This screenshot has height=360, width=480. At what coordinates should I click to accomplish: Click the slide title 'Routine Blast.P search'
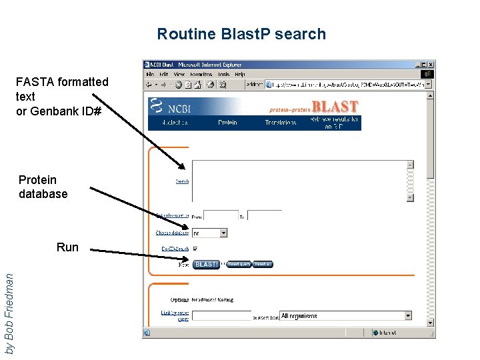coord(241,34)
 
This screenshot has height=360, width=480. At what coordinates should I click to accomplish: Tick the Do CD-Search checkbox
coord(195,249)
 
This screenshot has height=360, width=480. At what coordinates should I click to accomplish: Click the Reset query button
coord(238,264)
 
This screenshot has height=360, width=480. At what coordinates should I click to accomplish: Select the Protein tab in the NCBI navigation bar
coord(227,123)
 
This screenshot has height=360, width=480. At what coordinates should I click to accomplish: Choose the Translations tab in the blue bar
coord(280,123)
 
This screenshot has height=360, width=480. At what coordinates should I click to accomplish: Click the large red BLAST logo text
coord(335,107)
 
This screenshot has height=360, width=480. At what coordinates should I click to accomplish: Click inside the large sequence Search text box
coord(299,180)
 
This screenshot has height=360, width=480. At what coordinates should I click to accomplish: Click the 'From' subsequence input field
coord(221,216)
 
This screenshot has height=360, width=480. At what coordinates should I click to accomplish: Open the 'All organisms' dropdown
coord(345,316)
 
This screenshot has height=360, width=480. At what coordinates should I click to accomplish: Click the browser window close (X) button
coord(430,65)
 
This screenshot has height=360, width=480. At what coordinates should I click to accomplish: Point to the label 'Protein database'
coord(43,187)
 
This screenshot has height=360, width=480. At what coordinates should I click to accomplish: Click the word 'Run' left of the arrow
coord(67,247)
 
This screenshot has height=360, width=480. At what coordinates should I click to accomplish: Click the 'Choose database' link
coord(172,233)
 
